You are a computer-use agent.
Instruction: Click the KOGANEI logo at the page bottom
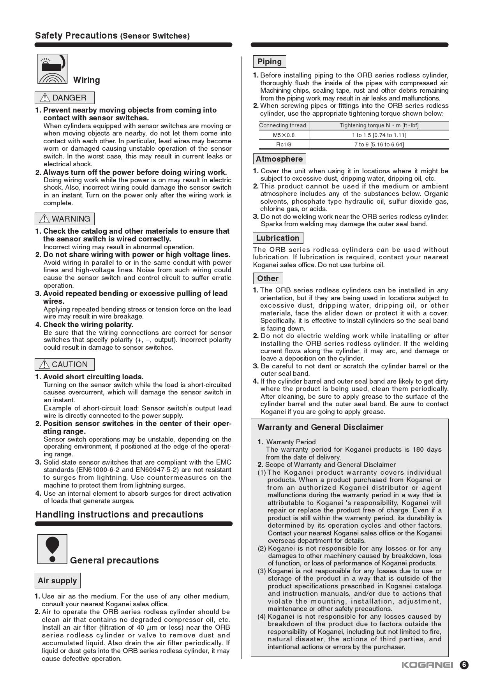tap(427, 665)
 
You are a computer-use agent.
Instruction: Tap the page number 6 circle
tap(464, 665)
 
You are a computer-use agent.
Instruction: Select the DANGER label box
tap(65, 98)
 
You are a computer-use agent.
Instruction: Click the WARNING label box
tap(65, 219)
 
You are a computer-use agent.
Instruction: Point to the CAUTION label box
tap(65, 364)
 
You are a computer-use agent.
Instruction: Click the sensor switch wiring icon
tap(53, 69)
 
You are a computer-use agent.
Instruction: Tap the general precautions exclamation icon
tap(53, 549)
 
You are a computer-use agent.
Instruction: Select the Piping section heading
tap(270, 62)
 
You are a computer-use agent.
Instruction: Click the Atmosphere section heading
tap(279, 159)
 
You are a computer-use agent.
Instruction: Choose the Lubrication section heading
tap(278, 238)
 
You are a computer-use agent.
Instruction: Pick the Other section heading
tap(268, 278)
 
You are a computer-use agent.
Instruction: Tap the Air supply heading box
tap(57, 581)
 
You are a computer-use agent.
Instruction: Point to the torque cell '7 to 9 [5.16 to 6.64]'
tap(379, 144)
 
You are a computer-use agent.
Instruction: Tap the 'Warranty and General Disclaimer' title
tap(321, 427)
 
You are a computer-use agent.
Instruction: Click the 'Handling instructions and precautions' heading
tap(120, 514)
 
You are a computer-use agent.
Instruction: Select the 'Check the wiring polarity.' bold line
tap(88, 325)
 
